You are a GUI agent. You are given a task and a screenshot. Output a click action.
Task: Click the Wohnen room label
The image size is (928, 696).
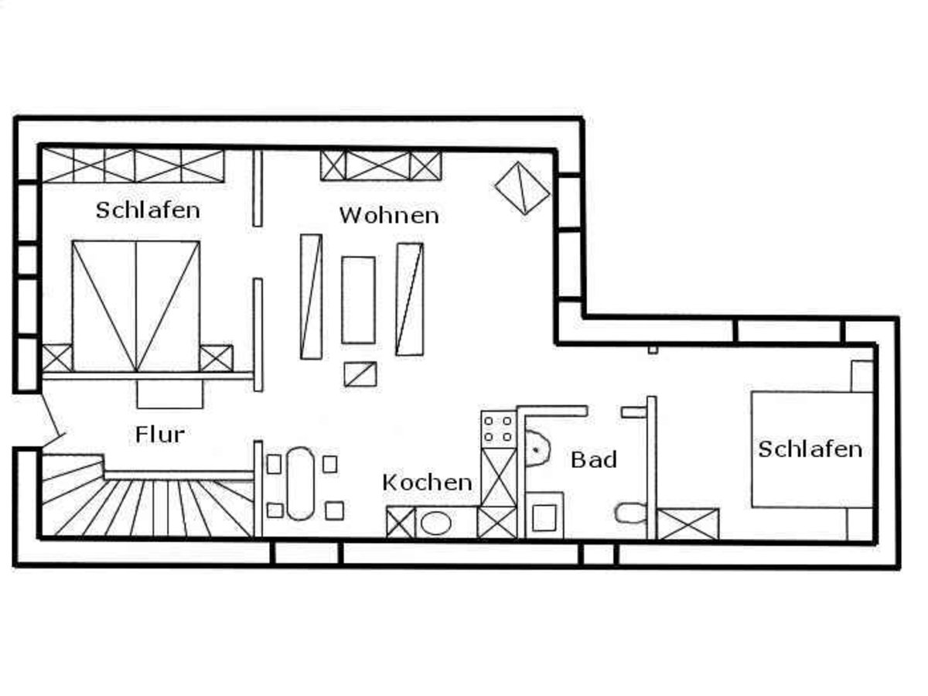[x=389, y=214]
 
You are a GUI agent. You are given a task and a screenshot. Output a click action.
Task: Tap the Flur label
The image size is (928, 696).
[x=160, y=434]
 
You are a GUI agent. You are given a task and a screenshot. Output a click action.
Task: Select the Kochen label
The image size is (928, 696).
[x=427, y=483]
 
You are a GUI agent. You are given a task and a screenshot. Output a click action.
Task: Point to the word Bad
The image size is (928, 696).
[x=594, y=459]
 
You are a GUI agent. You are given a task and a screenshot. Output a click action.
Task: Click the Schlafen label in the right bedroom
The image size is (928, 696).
[x=810, y=449]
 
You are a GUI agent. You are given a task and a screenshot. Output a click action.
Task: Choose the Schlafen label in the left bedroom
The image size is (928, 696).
[x=148, y=210]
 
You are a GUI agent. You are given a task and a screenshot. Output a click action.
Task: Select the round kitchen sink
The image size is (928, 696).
[x=436, y=524]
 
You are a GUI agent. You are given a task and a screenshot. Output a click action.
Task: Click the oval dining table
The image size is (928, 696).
[x=300, y=485]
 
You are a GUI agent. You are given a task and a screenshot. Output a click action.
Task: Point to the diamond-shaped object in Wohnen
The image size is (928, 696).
[x=523, y=187]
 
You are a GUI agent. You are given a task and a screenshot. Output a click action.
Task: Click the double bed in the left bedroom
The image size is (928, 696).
[x=136, y=305]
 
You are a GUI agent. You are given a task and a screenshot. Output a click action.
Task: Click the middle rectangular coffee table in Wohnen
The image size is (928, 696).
[x=358, y=299]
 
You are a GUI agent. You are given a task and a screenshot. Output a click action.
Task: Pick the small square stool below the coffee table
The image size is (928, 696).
[x=360, y=374]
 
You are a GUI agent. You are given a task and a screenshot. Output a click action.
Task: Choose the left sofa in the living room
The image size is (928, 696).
[x=311, y=296]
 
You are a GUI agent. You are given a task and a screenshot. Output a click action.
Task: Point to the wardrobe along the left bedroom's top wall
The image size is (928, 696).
[x=132, y=165]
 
